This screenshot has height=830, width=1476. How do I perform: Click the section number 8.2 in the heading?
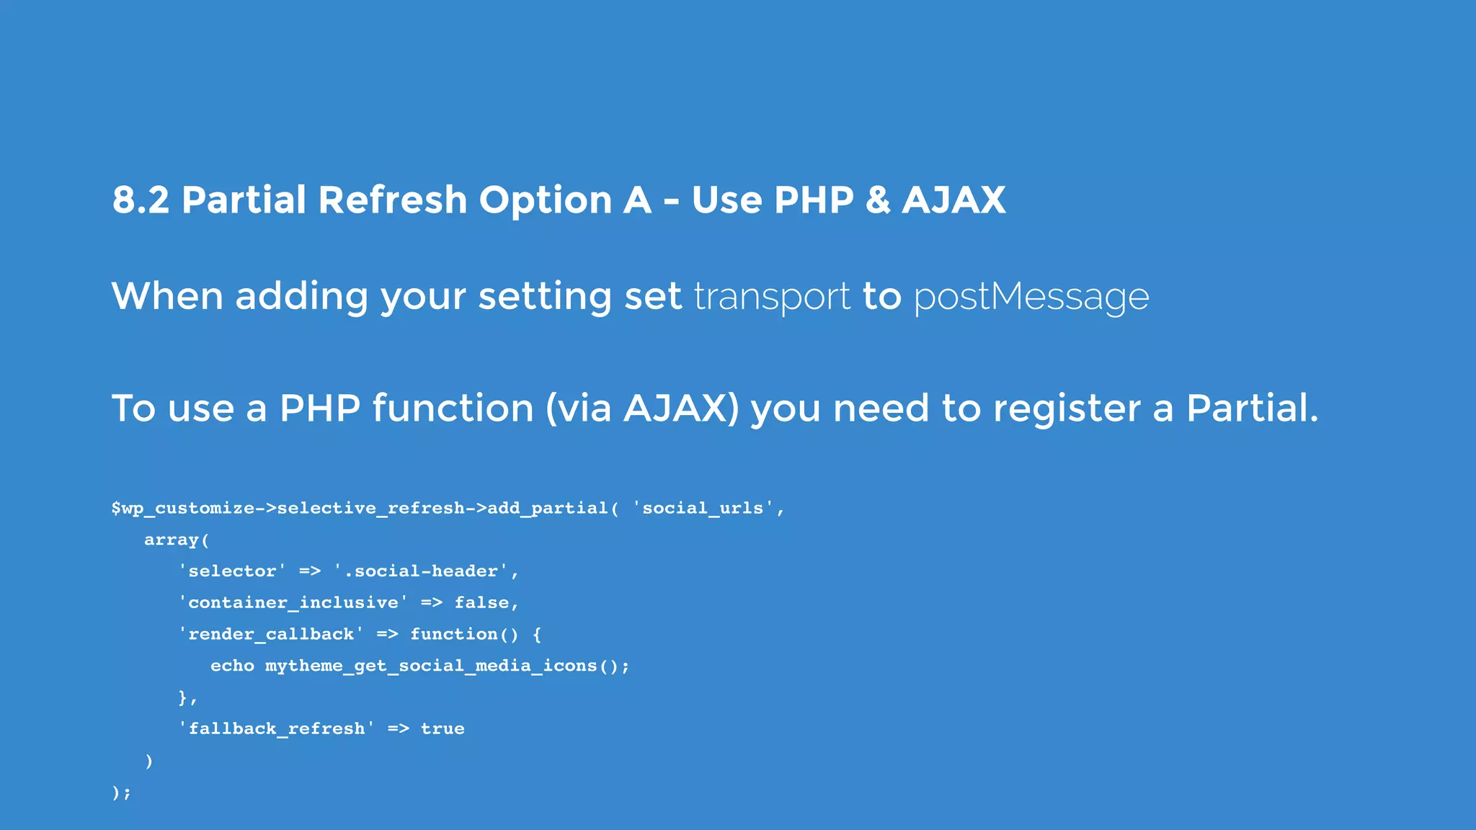point(141,200)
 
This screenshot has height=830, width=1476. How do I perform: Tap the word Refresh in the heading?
point(392,200)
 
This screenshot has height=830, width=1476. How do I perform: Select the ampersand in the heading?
point(877,200)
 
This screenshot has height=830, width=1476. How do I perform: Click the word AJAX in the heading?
point(953,200)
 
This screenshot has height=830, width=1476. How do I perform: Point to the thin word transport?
point(772,297)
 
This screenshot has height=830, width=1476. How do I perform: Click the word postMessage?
point(1031,297)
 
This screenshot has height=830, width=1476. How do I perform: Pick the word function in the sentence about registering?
point(453,409)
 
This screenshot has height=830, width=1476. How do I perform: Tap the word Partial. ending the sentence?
point(1252,409)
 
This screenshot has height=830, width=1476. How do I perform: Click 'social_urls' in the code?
point(703,509)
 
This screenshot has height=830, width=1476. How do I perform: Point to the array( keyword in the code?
point(176,540)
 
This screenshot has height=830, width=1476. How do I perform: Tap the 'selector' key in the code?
point(232,571)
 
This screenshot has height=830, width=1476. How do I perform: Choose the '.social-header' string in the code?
point(425,571)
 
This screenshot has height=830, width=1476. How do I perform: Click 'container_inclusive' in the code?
point(293,603)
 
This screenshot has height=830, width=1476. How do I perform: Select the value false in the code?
point(481,603)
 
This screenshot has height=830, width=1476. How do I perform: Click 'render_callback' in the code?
point(271,635)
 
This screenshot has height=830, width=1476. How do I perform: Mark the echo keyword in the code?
point(232,666)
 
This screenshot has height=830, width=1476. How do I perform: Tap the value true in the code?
point(443,729)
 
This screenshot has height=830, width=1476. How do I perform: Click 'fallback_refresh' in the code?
point(277,729)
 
